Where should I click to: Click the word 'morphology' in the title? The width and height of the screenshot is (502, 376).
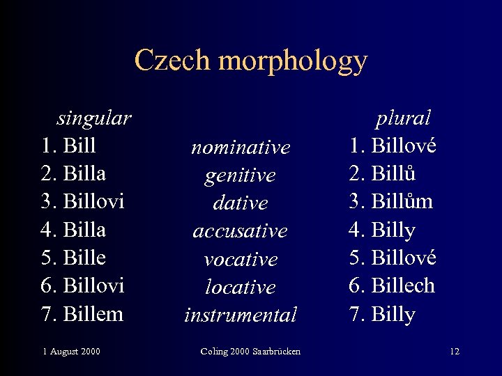(292, 61)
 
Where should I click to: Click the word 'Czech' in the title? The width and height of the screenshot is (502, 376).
(172, 61)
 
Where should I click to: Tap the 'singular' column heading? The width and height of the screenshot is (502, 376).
(93, 118)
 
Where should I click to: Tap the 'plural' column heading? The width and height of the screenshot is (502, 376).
(403, 118)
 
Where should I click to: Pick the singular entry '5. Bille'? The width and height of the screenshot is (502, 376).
(73, 258)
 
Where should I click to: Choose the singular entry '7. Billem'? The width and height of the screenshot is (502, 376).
(82, 313)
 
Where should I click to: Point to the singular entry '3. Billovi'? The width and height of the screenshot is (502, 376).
(82, 201)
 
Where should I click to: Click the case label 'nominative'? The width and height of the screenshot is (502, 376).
(241, 148)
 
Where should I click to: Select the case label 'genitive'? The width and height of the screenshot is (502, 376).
(241, 175)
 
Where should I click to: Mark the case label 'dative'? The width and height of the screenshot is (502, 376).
(241, 203)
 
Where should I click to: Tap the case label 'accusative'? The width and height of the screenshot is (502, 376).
(241, 231)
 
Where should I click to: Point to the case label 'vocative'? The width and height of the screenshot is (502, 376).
(241, 259)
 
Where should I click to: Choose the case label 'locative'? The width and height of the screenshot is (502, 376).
(241, 287)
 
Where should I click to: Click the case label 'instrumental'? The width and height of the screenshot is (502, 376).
(241, 315)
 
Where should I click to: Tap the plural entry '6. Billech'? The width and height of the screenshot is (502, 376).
(392, 285)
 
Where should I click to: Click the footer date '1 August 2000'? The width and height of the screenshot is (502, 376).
(70, 351)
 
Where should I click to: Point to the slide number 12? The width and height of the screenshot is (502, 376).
(455, 351)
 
